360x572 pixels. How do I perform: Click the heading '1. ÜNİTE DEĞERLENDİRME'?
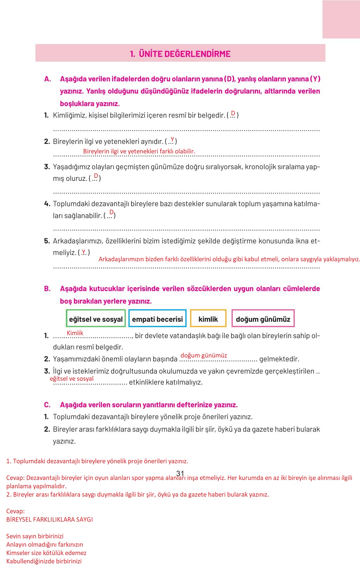(x=180, y=54)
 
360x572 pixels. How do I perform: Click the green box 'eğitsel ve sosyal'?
(x=96, y=319)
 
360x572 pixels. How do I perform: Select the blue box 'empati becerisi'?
(x=157, y=319)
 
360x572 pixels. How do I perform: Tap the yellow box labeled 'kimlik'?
(x=208, y=319)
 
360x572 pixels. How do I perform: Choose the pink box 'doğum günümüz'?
(x=263, y=319)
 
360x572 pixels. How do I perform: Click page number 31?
(x=180, y=473)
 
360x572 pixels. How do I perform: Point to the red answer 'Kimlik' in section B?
(x=75, y=333)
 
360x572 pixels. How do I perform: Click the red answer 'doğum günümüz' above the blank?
(x=204, y=355)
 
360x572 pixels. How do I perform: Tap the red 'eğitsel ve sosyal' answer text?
(x=72, y=378)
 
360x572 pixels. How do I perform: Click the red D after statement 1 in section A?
(x=233, y=113)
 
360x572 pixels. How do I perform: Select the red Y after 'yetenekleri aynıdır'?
(x=172, y=139)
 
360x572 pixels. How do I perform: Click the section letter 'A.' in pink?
(x=48, y=79)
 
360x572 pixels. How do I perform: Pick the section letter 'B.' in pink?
(x=47, y=289)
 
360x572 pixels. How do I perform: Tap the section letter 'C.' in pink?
(x=47, y=405)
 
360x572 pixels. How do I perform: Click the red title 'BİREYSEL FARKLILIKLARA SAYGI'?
(x=49, y=519)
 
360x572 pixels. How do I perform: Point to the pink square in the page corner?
(x=341, y=19)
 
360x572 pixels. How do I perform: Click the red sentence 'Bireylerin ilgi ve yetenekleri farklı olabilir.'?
(x=139, y=151)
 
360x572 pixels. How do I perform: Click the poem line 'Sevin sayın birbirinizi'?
(x=35, y=536)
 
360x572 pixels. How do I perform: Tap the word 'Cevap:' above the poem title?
(x=15, y=511)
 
